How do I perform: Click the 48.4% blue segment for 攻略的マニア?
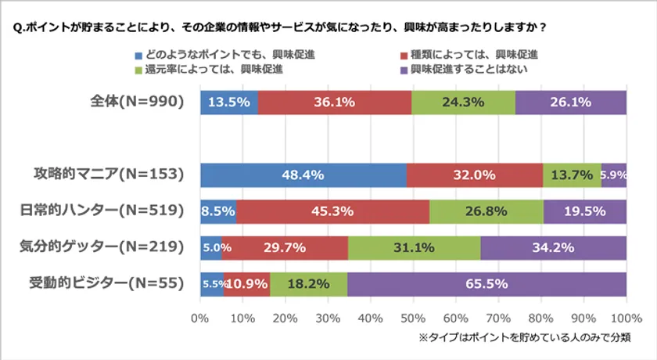303,175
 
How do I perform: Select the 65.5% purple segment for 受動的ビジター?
486,283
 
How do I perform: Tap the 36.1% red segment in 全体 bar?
335,103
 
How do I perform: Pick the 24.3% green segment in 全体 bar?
464,103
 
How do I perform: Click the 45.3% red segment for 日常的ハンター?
333,211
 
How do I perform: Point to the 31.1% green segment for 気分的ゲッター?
415,247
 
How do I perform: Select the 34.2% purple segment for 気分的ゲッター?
553,247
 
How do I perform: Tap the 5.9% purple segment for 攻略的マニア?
613,175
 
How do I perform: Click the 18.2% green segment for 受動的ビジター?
308,283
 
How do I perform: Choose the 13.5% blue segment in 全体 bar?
229,103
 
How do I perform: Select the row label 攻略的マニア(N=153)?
109,175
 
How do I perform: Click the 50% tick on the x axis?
413,319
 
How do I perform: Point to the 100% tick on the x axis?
625,319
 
